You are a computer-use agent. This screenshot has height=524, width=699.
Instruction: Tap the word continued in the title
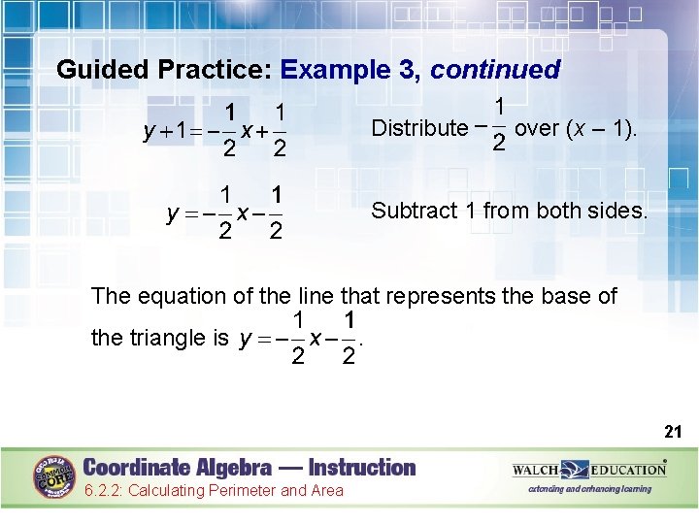click(495, 70)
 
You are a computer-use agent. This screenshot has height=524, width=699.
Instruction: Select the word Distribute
click(419, 128)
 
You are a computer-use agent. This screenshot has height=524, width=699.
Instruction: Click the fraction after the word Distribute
click(495, 126)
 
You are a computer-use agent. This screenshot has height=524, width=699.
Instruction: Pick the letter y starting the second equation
click(172, 213)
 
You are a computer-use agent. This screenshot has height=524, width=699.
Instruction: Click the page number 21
click(674, 430)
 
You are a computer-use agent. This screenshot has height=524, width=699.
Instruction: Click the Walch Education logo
click(589, 471)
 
